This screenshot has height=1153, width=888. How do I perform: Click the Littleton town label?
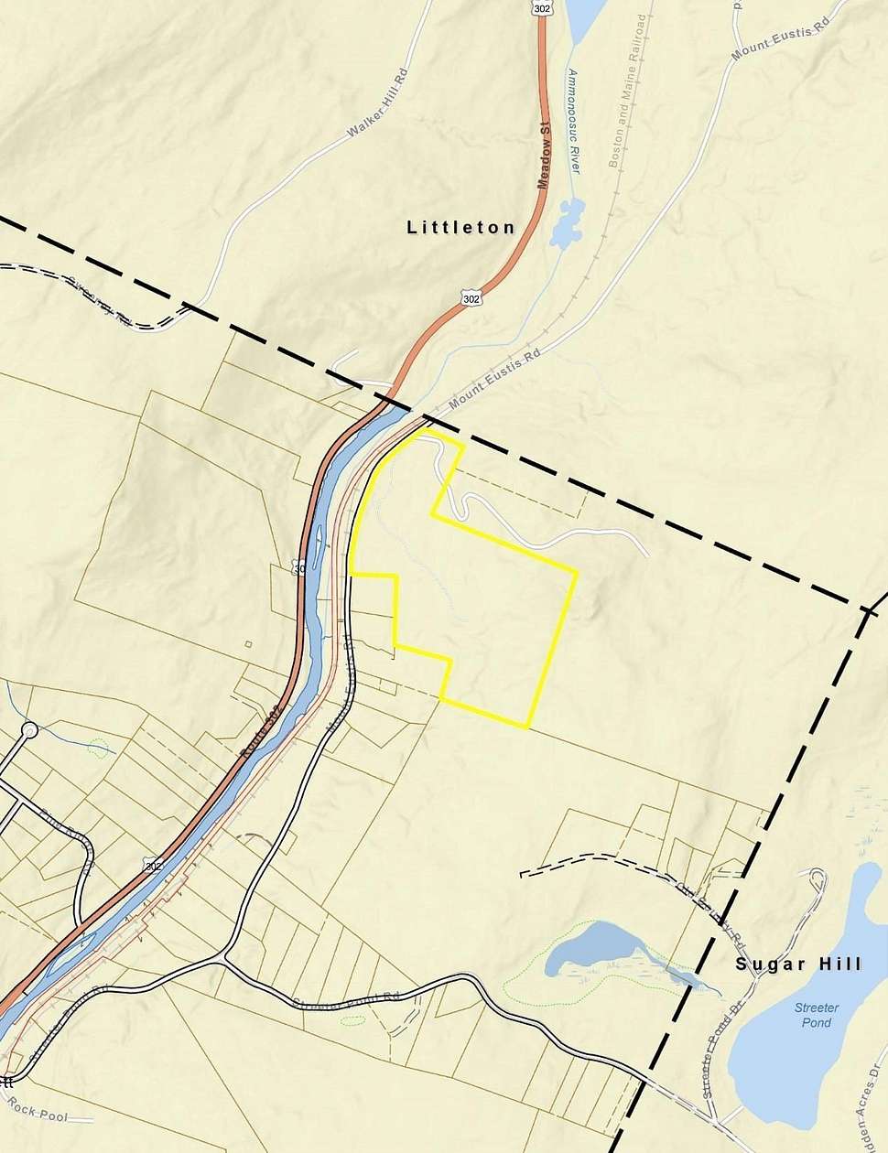tap(460, 227)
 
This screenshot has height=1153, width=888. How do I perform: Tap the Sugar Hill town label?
tap(798, 964)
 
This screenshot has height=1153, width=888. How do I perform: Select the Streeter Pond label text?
tap(816, 1014)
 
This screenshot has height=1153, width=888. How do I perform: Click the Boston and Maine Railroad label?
tap(626, 92)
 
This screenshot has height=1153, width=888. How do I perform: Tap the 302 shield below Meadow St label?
tap(471, 298)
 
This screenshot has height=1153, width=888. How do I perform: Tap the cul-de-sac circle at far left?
tap(29, 730)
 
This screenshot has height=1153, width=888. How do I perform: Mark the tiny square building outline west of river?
tap(248, 643)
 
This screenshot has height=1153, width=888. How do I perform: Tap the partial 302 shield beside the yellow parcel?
tap(298, 568)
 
